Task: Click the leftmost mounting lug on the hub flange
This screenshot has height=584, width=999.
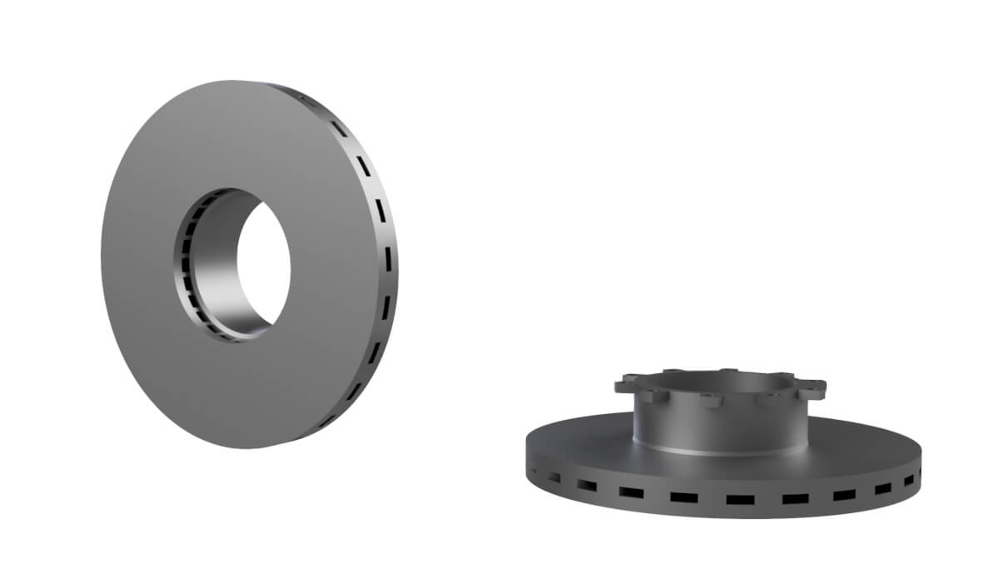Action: pos(623,385)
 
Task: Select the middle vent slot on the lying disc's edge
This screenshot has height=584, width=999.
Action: pos(738,499)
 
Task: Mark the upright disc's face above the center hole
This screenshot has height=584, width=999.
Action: pos(241,133)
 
